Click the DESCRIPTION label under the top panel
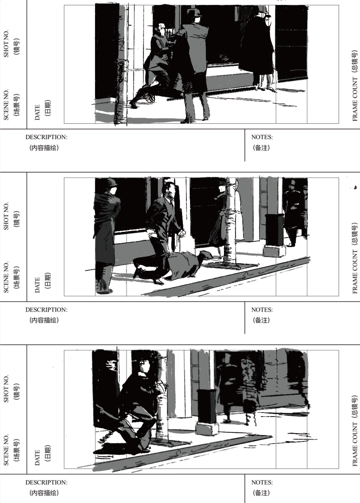point(46,137)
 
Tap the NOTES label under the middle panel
point(262,310)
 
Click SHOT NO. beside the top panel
point(6,44)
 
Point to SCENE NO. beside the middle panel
point(6,276)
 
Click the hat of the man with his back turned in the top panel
point(195,13)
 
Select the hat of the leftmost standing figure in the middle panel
point(112,182)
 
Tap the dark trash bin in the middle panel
point(274,230)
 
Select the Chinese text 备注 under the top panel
point(261,148)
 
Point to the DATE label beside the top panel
point(37,112)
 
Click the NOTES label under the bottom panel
point(262,482)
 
